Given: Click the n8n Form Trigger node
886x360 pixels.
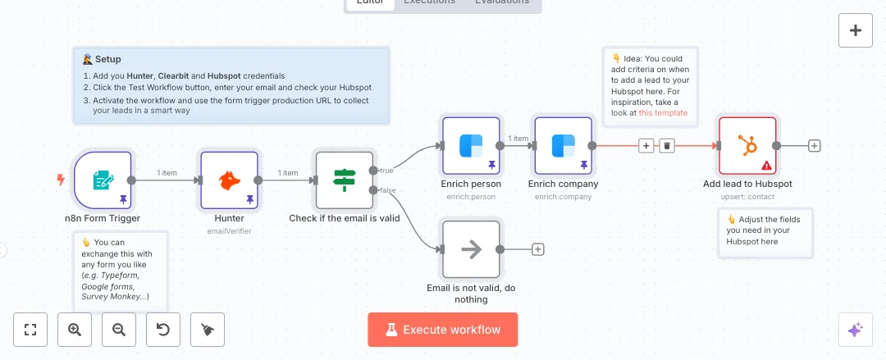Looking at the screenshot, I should click(x=103, y=180).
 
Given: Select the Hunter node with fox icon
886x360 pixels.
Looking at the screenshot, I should click(x=229, y=180).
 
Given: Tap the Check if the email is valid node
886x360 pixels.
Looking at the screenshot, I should click(x=344, y=180).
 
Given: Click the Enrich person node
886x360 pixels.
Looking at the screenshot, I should click(x=471, y=146).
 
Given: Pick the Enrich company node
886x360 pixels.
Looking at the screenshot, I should click(x=563, y=146).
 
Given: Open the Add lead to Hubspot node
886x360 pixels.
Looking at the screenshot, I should click(x=747, y=146).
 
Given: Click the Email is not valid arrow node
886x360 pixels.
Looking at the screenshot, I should click(x=471, y=249).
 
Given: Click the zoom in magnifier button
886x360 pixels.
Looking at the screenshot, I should click(x=75, y=330).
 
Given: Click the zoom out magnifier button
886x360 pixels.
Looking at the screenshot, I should click(x=119, y=330).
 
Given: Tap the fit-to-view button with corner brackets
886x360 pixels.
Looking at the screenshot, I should click(x=31, y=330).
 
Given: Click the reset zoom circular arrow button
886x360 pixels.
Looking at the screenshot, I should click(x=163, y=330).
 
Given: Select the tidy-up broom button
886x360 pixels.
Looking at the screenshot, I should click(x=208, y=330).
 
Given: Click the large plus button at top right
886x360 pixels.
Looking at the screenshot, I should click(x=856, y=31).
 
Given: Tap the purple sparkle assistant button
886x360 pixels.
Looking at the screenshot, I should click(x=856, y=330).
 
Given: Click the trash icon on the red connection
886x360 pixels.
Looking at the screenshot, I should click(x=668, y=146).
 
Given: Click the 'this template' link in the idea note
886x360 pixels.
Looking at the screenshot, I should click(x=663, y=112).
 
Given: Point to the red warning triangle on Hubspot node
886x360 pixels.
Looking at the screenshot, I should click(x=766, y=165).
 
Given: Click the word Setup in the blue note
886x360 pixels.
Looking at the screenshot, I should click(x=107, y=59).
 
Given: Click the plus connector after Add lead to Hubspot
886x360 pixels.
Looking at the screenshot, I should click(x=815, y=146).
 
